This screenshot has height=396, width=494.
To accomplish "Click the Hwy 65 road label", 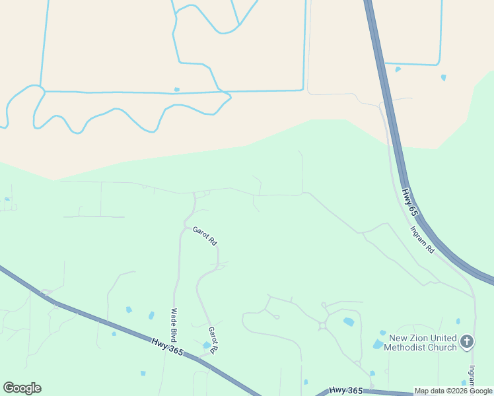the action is [409, 203].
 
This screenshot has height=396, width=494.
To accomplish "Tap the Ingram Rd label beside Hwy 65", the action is [421, 241].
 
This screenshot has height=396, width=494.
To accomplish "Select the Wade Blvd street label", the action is [175, 323].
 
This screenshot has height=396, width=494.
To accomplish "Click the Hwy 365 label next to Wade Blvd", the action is [166, 346].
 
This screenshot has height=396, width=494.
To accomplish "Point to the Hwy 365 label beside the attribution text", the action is [347, 391].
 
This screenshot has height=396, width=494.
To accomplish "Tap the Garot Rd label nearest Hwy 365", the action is [213, 339].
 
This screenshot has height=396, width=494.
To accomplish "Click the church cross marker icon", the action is [467, 341].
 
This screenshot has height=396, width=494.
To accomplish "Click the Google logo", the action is [22, 388].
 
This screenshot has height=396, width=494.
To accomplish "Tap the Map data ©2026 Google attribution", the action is [453, 391].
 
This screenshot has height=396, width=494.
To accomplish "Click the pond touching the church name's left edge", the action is [378, 344].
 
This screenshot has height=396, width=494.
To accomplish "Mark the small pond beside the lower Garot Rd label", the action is [207, 345].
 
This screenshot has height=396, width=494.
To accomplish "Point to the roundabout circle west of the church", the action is [323, 325].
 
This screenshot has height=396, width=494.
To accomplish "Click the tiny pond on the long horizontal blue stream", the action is [176, 89].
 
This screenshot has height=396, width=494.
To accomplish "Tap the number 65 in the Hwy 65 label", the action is [413, 211].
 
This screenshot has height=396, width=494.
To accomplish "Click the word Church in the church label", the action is [442, 347].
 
